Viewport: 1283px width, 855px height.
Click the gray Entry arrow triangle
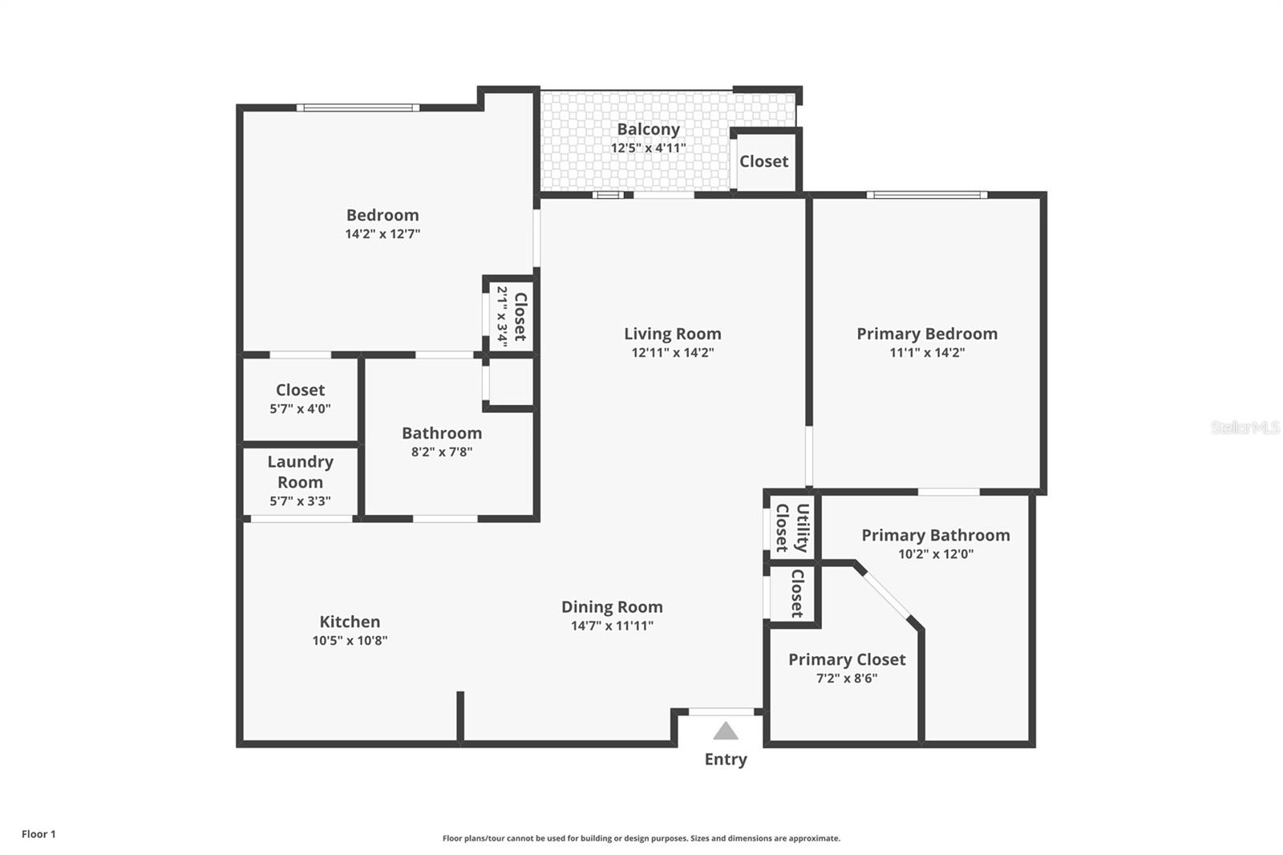[x=726, y=731]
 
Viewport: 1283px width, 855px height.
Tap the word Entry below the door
[x=726, y=759]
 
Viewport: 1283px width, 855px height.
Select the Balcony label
[x=648, y=129]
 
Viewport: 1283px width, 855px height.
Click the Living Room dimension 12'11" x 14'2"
[x=672, y=352]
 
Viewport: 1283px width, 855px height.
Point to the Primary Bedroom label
[x=927, y=334]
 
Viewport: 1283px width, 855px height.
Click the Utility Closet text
[x=791, y=528]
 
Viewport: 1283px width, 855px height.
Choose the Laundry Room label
[x=300, y=472]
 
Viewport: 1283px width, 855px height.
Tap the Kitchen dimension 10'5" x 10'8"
[x=350, y=640]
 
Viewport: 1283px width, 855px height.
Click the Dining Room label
[x=612, y=607]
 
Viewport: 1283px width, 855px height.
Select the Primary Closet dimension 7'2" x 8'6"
[x=847, y=678]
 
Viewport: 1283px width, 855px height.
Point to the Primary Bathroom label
[x=936, y=535]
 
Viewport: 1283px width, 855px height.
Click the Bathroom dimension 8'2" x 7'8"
[x=442, y=452]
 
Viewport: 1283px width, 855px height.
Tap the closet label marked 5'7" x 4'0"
[x=300, y=390]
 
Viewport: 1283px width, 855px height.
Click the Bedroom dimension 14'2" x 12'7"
[x=382, y=234]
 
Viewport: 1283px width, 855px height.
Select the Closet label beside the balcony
[x=763, y=161]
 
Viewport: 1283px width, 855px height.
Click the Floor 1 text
[x=38, y=834]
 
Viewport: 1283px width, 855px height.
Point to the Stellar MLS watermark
[x=1245, y=427]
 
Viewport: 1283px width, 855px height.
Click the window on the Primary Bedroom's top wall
[x=926, y=194]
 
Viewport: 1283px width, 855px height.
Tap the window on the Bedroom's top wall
[x=358, y=107]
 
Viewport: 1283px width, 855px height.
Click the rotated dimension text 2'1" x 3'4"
[x=503, y=316]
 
